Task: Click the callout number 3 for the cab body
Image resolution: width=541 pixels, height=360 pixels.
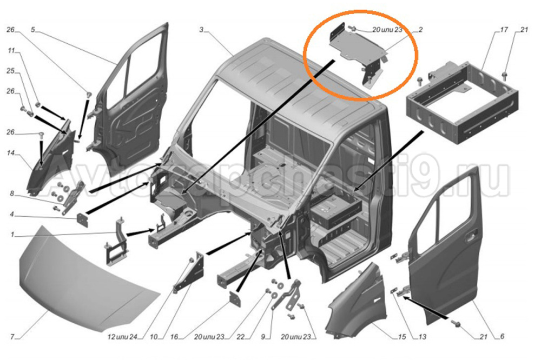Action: point(201,30)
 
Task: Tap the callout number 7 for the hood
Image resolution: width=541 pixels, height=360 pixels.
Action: point(12,337)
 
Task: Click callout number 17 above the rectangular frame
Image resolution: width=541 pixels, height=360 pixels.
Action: point(504,30)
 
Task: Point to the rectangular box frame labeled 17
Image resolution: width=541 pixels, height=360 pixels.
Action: point(463,103)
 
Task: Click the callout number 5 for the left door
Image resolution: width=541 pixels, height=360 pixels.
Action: point(33,30)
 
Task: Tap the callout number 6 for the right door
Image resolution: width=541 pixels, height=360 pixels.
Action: point(502,337)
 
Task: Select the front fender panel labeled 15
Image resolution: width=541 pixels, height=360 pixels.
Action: point(357,300)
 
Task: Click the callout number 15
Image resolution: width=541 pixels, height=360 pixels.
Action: point(402,337)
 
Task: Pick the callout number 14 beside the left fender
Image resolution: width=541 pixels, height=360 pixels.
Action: point(11,153)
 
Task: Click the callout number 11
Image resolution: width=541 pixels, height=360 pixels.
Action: point(12,51)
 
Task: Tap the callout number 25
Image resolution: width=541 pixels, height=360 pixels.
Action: point(11,71)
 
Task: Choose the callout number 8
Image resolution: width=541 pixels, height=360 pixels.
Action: point(12,194)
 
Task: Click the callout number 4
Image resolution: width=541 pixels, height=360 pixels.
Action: point(12,215)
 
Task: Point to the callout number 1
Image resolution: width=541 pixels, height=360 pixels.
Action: point(12,235)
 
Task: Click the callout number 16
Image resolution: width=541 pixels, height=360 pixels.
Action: point(174,337)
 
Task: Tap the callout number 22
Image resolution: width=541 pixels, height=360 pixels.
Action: point(241,337)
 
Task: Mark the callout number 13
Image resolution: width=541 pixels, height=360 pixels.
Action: point(423,337)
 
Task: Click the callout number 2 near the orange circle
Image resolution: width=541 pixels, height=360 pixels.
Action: point(420,30)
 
